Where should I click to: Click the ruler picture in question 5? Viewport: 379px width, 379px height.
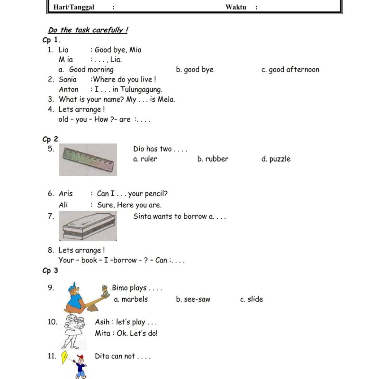click(x=88, y=160)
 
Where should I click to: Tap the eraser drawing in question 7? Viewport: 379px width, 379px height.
click(x=88, y=226)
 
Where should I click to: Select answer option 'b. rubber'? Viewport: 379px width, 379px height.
click(x=213, y=159)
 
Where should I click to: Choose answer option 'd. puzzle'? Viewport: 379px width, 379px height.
click(x=276, y=159)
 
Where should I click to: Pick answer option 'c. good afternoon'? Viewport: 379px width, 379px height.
click(x=290, y=70)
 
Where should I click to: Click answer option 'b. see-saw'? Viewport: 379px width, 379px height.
click(x=193, y=299)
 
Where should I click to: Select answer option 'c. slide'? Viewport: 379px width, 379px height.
click(x=252, y=299)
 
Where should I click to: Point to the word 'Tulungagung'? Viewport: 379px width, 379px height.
click(x=141, y=90)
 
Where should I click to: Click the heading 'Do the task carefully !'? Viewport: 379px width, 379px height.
click(x=88, y=30)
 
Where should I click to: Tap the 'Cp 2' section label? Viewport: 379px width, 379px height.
click(x=50, y=139)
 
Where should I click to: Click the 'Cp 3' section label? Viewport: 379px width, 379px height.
click(x=50, y=271)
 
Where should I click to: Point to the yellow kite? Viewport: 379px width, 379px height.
click(x=64, y=357)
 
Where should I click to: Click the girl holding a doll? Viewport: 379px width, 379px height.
click(x=73, y=331)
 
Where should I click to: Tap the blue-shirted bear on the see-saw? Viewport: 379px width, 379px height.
click(x=74, y=298)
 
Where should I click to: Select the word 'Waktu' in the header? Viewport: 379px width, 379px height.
click(x=235, y=7)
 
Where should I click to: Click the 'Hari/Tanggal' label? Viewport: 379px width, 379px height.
click(x=74, y=7)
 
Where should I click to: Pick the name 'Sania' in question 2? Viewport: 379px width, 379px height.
click(x=68, y=80)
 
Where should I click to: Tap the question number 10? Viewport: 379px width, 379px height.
click(x=53, y=322)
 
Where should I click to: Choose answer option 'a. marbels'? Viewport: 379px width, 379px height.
click(x=131, y=299)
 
